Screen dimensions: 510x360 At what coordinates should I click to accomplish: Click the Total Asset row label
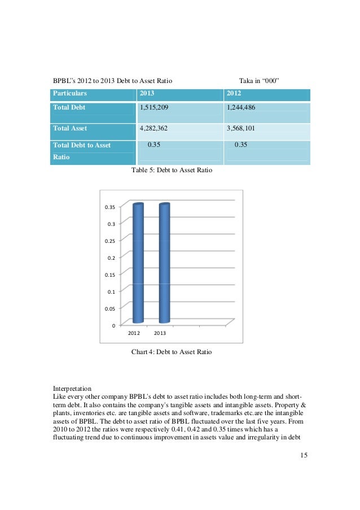[71, 128]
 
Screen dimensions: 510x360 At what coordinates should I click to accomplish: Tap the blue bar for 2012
[138, 263]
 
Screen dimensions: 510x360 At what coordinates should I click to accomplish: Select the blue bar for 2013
[164, 263]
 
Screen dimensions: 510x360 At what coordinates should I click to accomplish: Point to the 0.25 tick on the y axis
[111, 241]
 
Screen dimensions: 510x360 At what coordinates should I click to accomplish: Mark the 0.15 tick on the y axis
[111, 275]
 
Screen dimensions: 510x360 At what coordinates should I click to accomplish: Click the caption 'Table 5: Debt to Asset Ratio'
[172, 169]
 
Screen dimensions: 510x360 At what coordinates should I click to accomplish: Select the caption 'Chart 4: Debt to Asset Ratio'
[172, 352]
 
